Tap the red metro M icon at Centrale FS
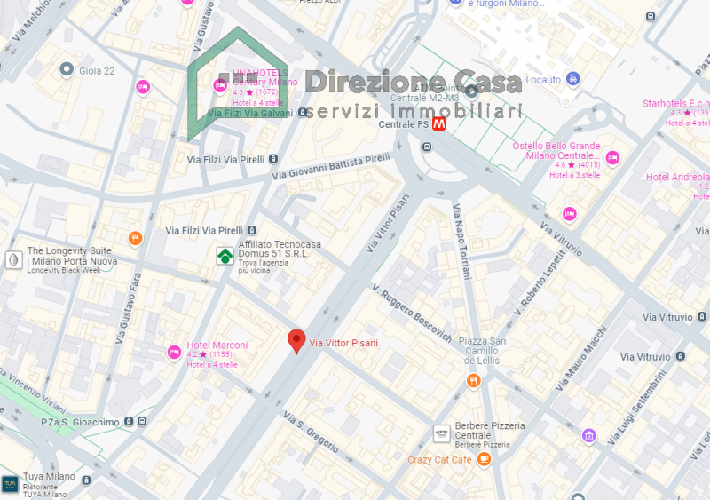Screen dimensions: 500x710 point(438,125)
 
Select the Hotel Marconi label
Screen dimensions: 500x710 point(217,345)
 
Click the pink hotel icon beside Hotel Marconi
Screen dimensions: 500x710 point(175,353)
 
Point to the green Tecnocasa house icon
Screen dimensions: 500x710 point(225,256)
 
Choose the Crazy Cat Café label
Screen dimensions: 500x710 point(439,459)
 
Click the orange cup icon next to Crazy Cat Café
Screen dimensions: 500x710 point(484,458)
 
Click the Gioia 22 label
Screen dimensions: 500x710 point(98,70)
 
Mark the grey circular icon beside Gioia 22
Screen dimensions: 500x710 point(66,68)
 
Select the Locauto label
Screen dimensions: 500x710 point(543,80)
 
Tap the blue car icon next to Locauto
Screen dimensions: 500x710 point(573,79)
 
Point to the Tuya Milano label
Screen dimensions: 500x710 point(50,477)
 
